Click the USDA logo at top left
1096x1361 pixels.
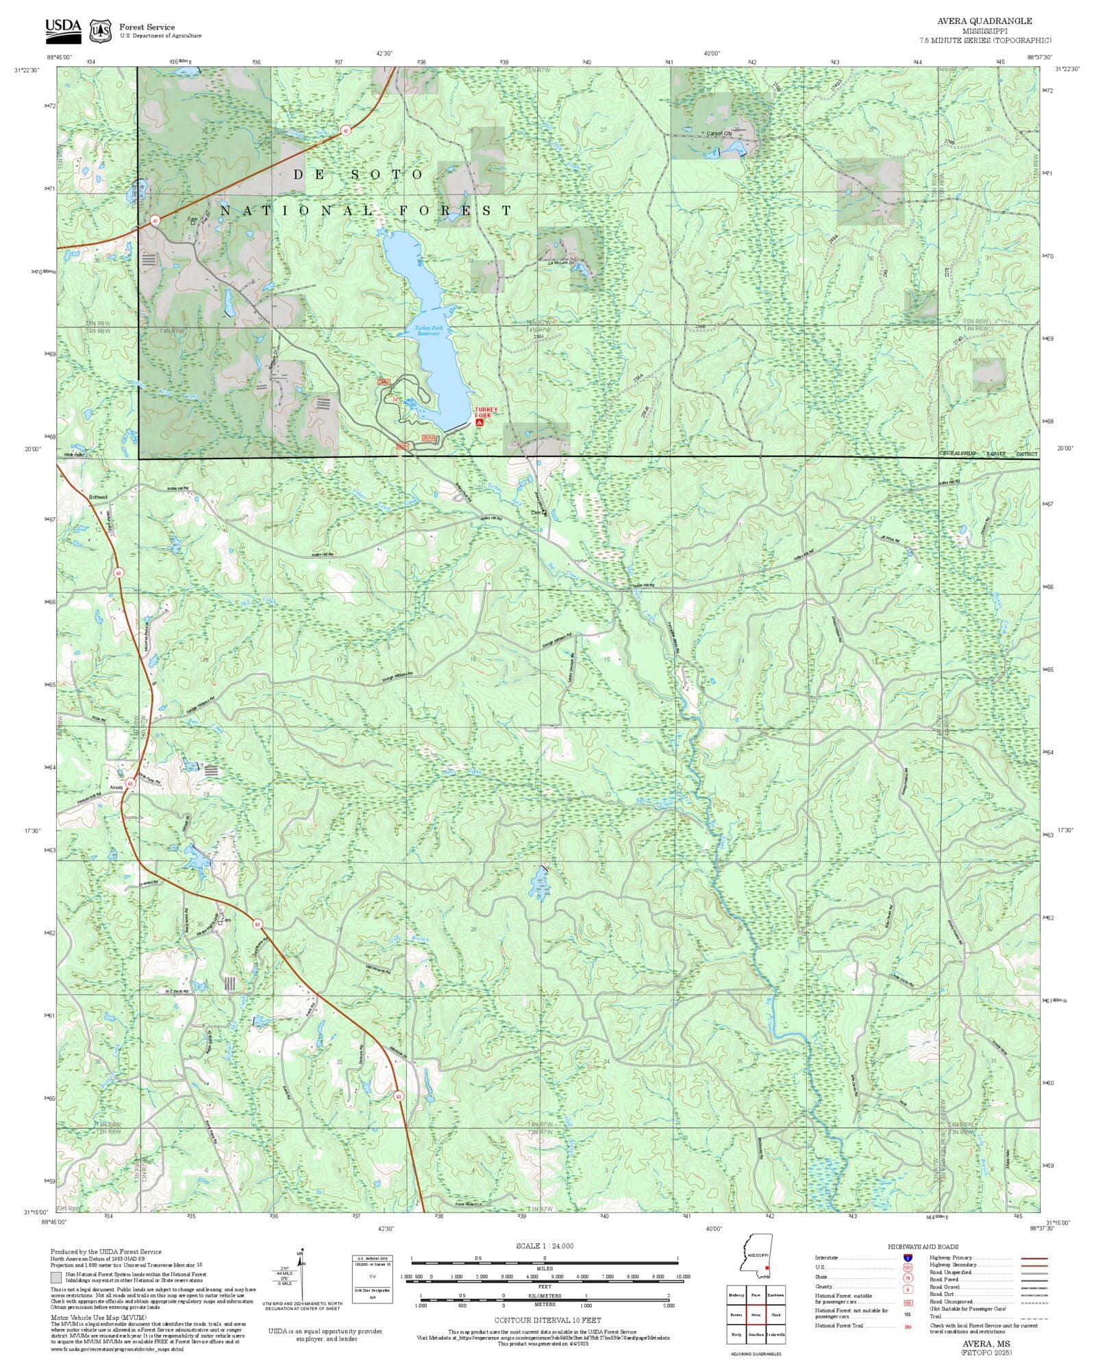pyautogui.click(x=63, y=31)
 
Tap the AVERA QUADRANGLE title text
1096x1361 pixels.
pyautogui.click(x=986, y=21)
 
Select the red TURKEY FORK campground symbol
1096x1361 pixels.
pyautogui.click(x=479, y=423)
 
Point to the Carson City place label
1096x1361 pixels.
pyautogui.click(x=719, y=134)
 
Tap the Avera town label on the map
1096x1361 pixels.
pyautogui.click(x=116, y=787)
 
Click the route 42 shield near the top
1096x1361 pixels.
pyautogui.click(x=346, y=130)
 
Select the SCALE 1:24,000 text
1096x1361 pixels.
pyautogui.click(x=545, y=1246)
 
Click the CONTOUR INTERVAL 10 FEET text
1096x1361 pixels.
pyautogui.click(x=547, y=1320)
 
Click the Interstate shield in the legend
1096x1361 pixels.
pyautogui.click(x=908, y=1258)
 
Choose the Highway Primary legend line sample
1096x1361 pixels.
pyautogui.click(x=1034, y=1258)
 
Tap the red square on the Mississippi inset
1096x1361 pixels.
pyautogui.click(x=767, y=1268)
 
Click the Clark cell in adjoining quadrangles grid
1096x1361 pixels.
pyautogui.click(x=775, y=1314)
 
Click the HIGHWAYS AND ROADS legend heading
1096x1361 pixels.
pyautogui.click(x=923, y=1247)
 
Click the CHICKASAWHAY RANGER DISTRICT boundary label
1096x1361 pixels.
pyautogui.click(x=988, y=454)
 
